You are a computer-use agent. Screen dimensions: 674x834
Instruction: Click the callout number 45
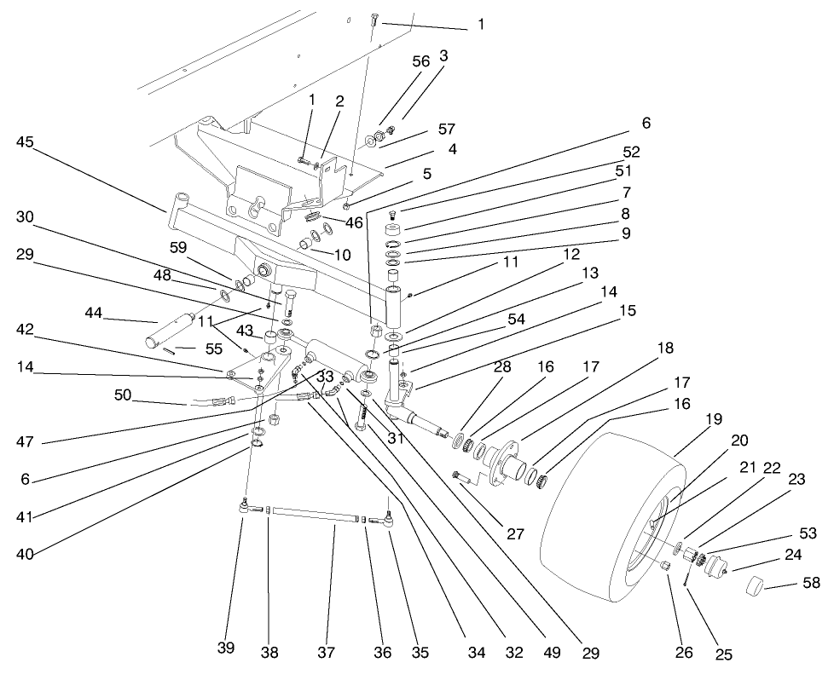coord(26,141)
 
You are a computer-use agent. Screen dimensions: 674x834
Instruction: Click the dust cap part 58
coord(754,586)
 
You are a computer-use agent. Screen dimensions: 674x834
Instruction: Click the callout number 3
coord(443,55)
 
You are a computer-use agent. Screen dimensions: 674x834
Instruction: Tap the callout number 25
coord(724,654)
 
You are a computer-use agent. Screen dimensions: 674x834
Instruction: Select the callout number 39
coord(225,649)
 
